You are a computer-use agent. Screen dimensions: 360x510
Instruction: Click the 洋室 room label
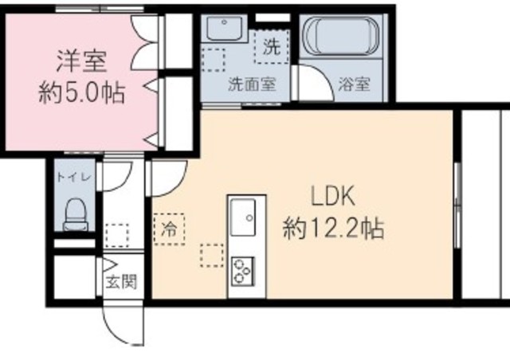pos(81,61)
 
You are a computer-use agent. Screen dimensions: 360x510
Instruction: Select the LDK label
pos(331,198)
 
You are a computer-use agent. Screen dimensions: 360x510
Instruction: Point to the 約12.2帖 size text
pos(333,230)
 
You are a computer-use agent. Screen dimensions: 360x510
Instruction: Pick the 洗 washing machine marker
pos(271,45)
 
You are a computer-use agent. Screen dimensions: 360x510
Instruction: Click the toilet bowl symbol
pos(74,213)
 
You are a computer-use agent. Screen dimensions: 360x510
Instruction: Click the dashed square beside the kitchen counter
pos(212,255)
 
